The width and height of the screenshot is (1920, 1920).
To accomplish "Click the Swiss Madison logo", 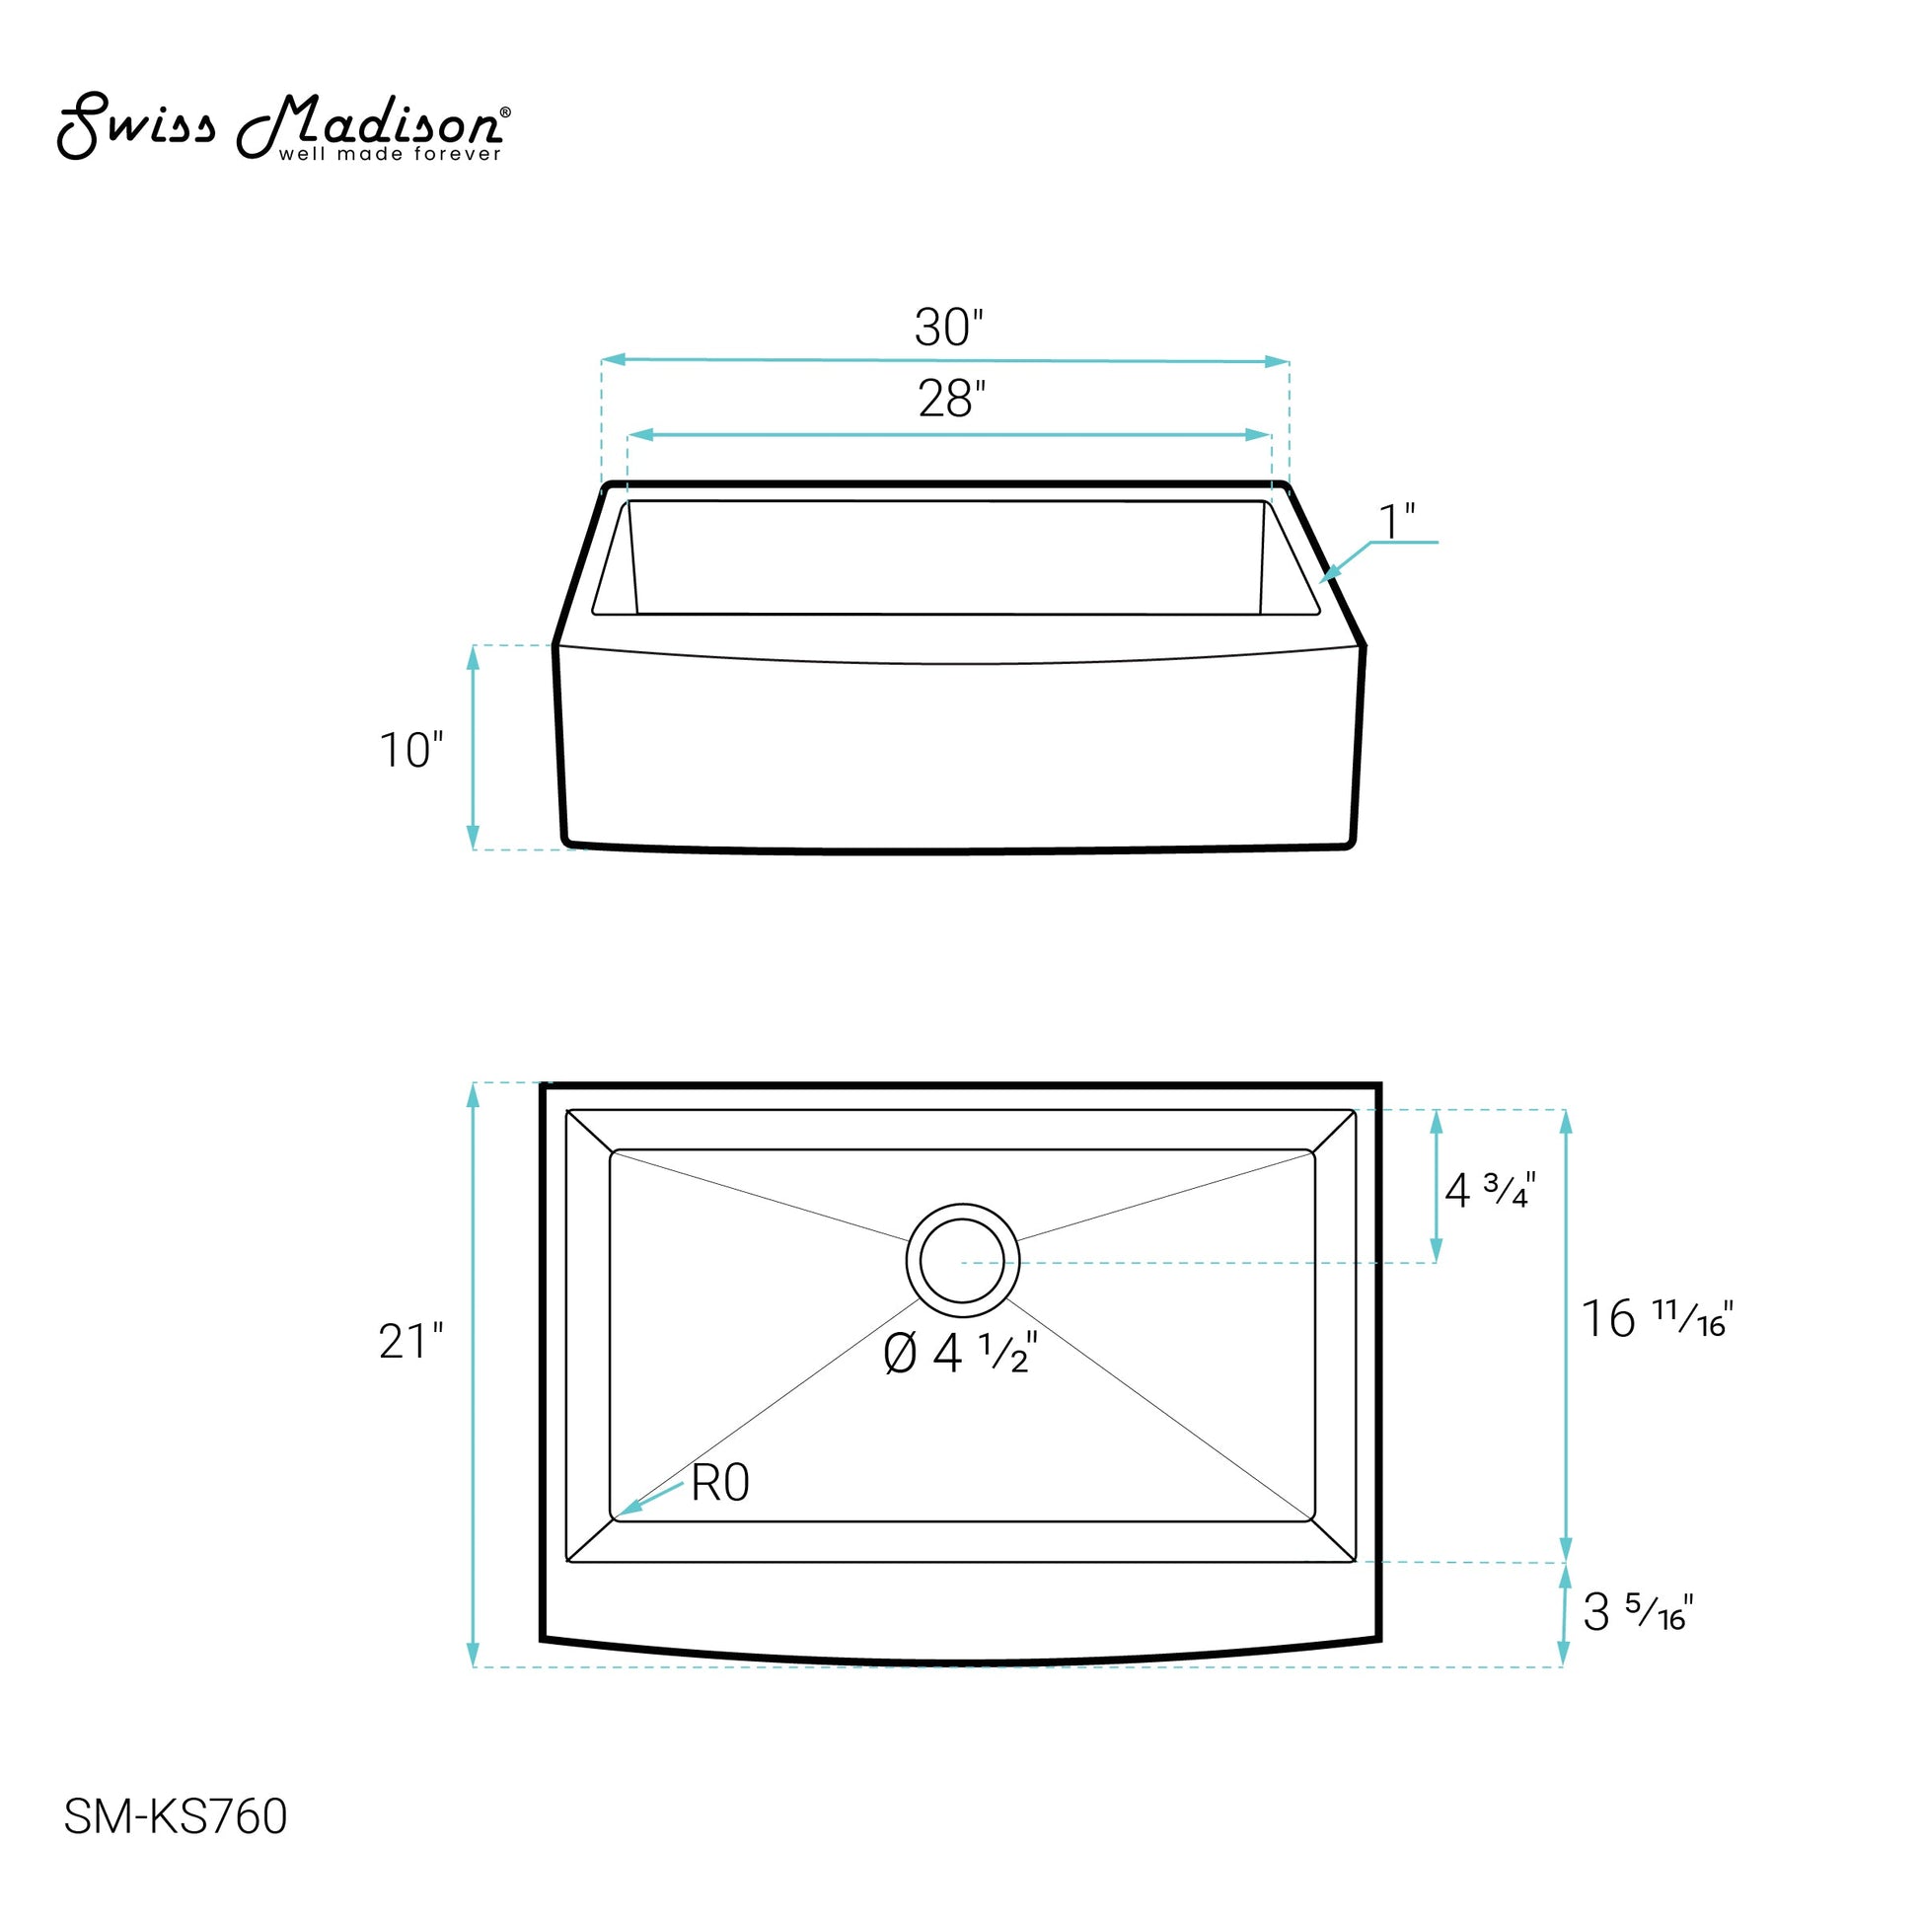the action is pyautogui.click(x=283, y=126).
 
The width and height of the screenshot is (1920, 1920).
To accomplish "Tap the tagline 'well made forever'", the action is pyautogui.click(x=390, y=154).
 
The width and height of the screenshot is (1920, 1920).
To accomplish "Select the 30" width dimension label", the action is pyautogui.click(x=949, y=327).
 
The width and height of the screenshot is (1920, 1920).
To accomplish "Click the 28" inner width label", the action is pyautogui.click(x=951, y=400).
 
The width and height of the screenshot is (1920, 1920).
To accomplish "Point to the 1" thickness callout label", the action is pyautogui.click(x=1396, y=523).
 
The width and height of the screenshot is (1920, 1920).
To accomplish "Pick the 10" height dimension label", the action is pyautogui.click(x=410, y=750).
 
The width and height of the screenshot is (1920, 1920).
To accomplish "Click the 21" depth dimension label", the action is pyautogui.click(x=410, y=1342).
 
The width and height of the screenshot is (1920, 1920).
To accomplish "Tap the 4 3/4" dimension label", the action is pyautogui.click(x=1490, y=1190).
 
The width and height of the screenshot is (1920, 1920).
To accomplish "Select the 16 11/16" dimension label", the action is pyautogui.click(x=1657, y=1319).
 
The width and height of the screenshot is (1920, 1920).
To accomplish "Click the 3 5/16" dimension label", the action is pyautogui.click(x=1638, y=1527).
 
